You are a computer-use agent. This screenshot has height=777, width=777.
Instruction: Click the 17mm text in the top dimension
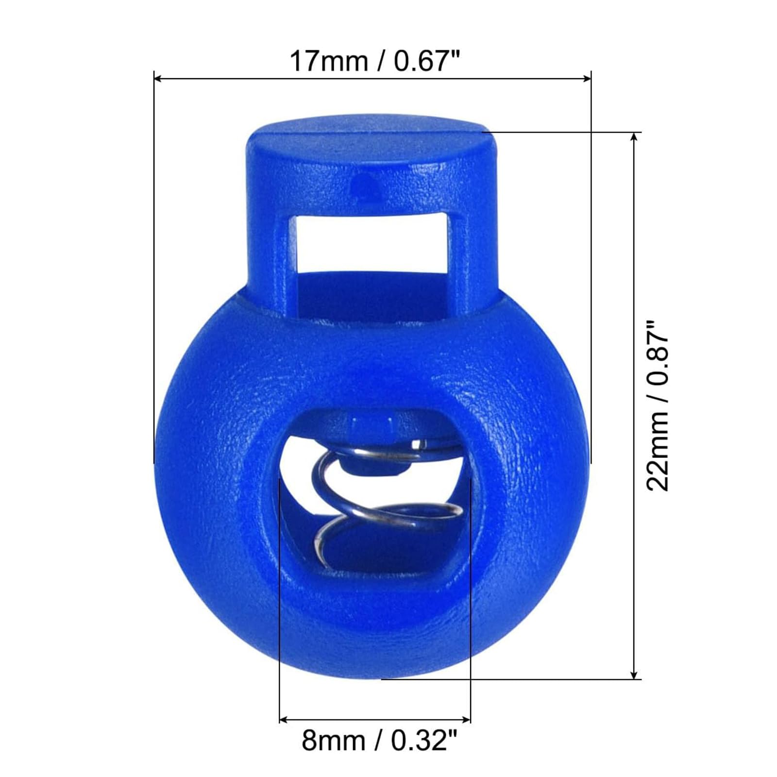328,61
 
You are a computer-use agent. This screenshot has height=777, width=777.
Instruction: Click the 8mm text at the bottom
333,741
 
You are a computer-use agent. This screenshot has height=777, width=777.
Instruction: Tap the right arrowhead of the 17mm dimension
586,78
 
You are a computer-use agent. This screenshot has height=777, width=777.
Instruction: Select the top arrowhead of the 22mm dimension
633,137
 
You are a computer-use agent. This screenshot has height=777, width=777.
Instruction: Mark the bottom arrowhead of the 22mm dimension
633,674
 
